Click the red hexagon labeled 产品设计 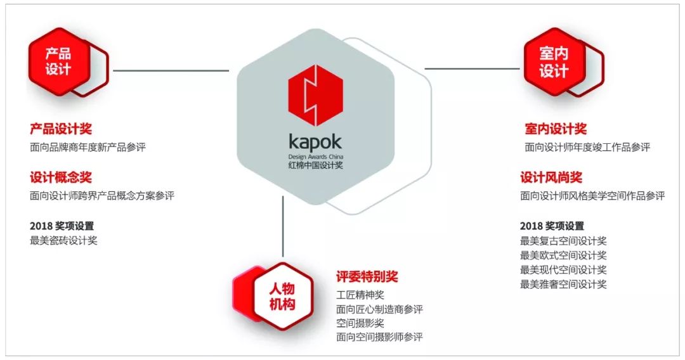[x=58, y=61]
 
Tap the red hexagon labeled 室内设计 [x=553, y=62]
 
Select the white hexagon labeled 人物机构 [x=282, y=296]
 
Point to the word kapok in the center [x=315, y=141]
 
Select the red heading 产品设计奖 [x=61, y=129]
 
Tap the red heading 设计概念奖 [x=61, y=177]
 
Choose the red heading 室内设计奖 [x=556, y=129]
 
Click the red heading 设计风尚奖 [x=551, y=177]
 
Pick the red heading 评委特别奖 [x=367, y=277]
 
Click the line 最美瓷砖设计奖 [x=63, y=240]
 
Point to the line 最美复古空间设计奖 [x=563, y=241]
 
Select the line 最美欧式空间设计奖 [x=563, y=255]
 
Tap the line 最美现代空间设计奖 [x=563, y=270]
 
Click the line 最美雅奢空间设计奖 [x=563, y=285]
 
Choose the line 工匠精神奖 [x=360, y=295]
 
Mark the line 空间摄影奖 [x=360, y=323]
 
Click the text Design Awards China [x=315, y=155]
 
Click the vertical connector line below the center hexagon [x=282, y=228]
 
